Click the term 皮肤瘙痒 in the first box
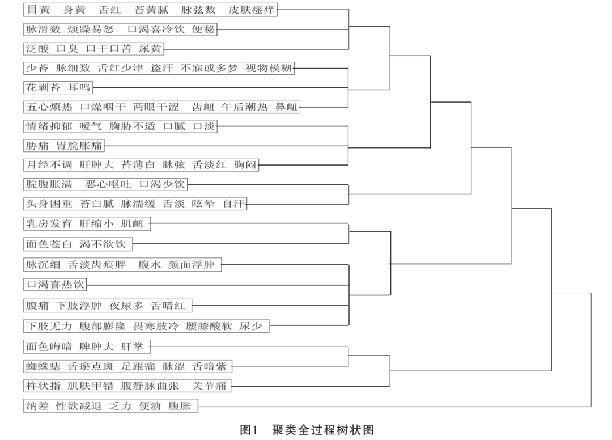click(x=252, y=10)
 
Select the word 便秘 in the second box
click(x=203, y=29)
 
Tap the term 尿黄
click(x=150, y=49)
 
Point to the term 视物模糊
click(x=269, y=68)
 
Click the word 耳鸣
click(x=79, y=87)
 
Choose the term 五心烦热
click(x=49, y=107)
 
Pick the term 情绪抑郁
click(x=49, y=126)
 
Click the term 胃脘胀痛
click(x=79, y=146)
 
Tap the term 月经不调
click(x=49, y=165)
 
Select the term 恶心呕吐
click(x=108, y=184)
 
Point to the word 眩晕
click(x=203, y=204)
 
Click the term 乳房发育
click(x=49, y=224)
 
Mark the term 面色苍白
click(x=49, y=244)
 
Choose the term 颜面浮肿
click(x=192, y=265)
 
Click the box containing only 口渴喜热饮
click(x=55, y=285)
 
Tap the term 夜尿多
click(x=126, y=306)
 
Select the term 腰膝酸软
click(x=209, y=326)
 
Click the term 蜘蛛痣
click(x=43, y=366)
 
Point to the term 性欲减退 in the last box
click(x=79, y=406)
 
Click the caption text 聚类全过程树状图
click(x=323, y=430)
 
